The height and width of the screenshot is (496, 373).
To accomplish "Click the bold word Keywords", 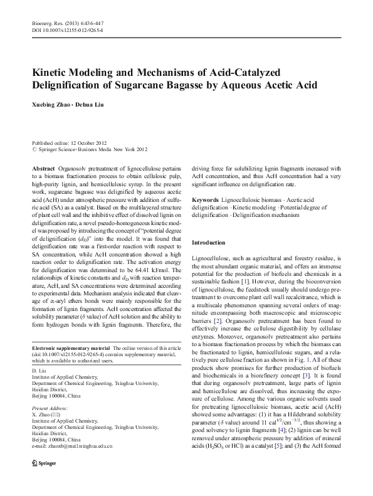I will click(x=206, y=200).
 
